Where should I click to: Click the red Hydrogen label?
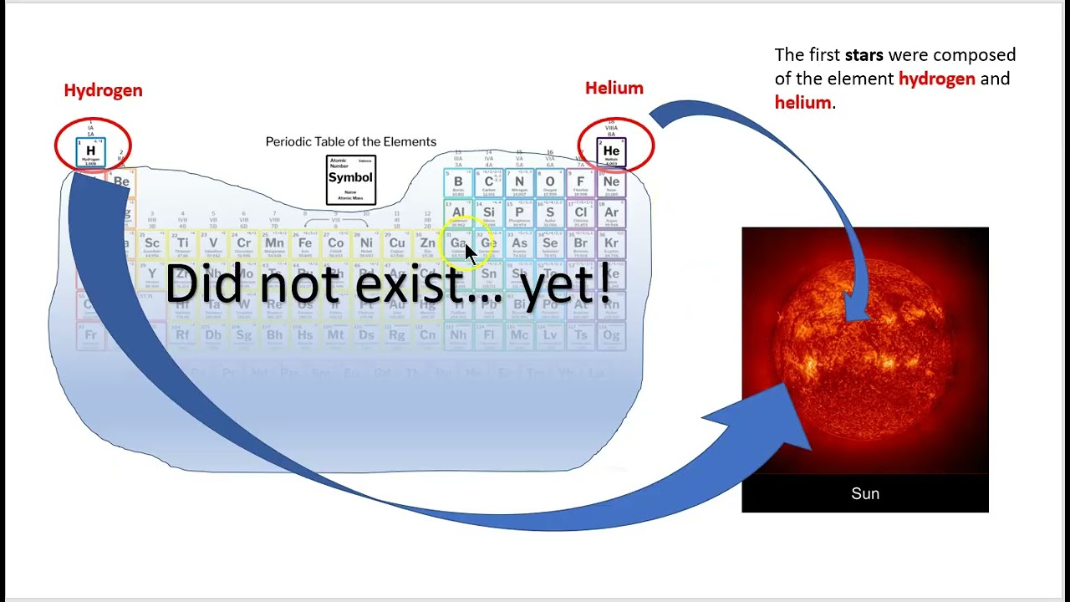pyautogui.click(x=103, y=90)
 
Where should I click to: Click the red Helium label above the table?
pyautogui.click(x=614, y=88)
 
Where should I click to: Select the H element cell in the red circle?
pyautogui.click(x=91, y=151)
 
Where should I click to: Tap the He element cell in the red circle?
pyautogui.click(x=611, y=152)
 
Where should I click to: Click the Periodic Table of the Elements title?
pyautogui.click(x=350, y=142)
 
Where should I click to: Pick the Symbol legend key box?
pyautogui.click(x=350, y=179)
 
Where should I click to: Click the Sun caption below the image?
pyautogui.click(x=864, y=493)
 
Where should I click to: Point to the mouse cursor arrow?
pyautogui.click(x=470, y=254)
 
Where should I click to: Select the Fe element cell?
pyautogui.click(x=305, y=244)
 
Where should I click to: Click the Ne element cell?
pyautogui.click(x=611, y=183)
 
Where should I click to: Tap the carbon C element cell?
pyautogui.click(x=489, y=183)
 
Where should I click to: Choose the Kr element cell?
pyautogui.click(x=611, y=244)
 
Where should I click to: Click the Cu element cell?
pyautogui.click(x=397, y=244)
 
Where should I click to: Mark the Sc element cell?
pyautogui.click(x=152, y=244)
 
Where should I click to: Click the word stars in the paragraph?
pyautogui.click(x=864, y=55)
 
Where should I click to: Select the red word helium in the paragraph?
pyautogui.click(x=802, y=103)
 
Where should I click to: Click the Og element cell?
pyautogui.click(x=611, y=335)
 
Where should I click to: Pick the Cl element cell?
pyautogui.click(x=580, y=213)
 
